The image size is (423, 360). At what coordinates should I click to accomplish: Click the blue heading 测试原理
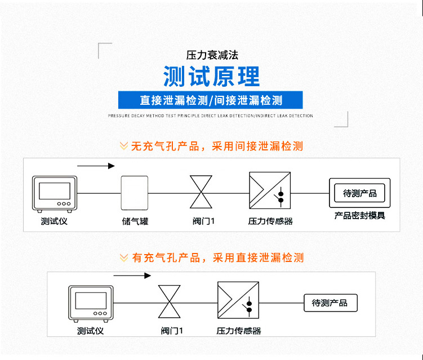(211, 76)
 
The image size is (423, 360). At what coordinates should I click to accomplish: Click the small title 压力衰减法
(212, 55)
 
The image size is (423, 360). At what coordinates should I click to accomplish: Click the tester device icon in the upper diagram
(54, 193)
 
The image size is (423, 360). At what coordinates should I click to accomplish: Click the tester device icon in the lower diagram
(91, 303)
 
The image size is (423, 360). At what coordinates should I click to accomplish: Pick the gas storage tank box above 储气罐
(135, 193)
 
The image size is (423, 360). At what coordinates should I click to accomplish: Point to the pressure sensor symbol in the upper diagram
(270, 192)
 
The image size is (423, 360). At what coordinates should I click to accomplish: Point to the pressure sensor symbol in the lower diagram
(238, 302)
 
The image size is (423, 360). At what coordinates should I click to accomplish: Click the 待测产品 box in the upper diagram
(360, 193)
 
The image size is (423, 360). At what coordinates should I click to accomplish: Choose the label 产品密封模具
(360, 216)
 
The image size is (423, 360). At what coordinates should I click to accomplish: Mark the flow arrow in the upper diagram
(96, 166)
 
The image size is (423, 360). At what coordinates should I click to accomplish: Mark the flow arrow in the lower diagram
(132, 275)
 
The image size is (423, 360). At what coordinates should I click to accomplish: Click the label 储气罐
(135, 221)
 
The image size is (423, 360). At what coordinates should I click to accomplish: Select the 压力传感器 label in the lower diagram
(238, 331)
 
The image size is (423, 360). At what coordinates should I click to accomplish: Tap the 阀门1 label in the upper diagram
(203, 221)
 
